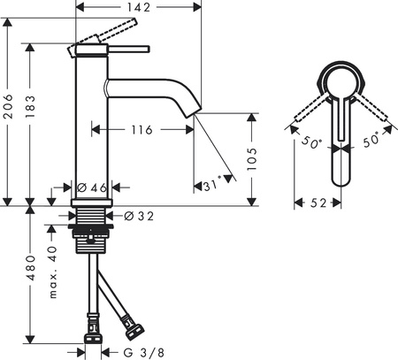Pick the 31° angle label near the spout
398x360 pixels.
click(211, 185)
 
